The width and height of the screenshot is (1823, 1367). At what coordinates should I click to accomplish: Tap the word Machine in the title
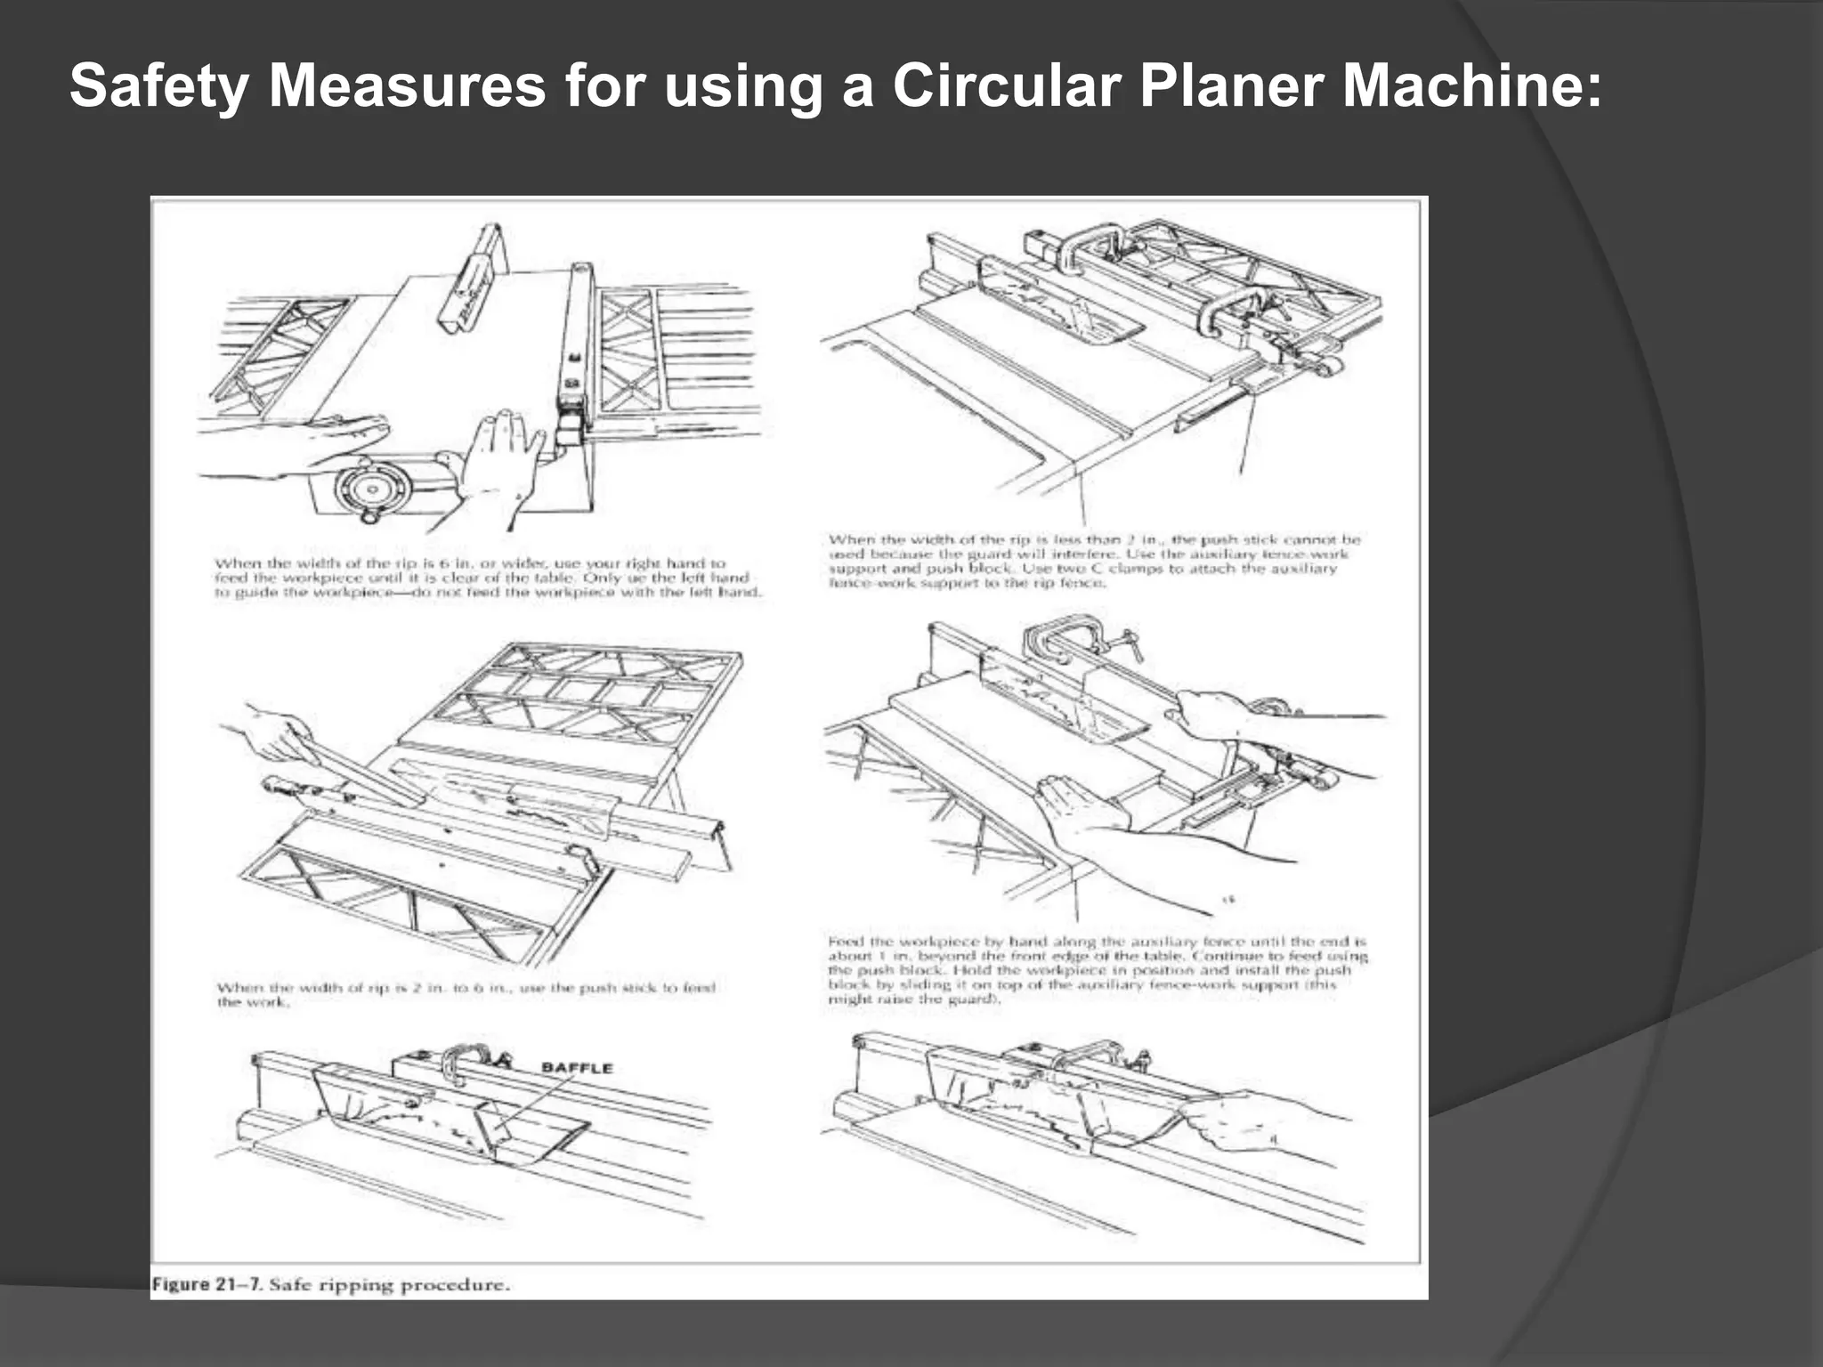pyautogui.click(x=1469, y=86)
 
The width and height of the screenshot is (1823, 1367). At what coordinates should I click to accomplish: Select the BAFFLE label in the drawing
pyautogui.click(x=577, y=1068)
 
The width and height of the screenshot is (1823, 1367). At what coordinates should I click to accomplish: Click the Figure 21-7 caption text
pyautogui.click(x=330, y=1284)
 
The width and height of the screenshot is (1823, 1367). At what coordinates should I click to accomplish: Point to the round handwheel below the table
pyautogui.click(x=372, y=488)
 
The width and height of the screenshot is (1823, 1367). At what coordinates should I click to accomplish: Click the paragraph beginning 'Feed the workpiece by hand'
pyautogui.click(x=1097, y=969)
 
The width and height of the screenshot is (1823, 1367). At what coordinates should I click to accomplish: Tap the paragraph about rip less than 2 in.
pyautogui.click(x=1093, y=561)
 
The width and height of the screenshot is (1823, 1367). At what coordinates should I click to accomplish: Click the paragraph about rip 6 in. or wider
pyautogui.click(x=488, y=578)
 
